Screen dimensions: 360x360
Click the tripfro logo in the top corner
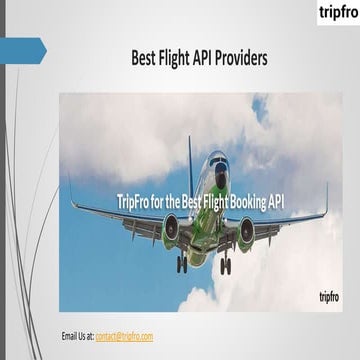point(336,12)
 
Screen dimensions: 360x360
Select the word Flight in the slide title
point(182,59)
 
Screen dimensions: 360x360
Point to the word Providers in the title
point(246,59)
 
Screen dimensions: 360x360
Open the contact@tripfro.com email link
point(124,335)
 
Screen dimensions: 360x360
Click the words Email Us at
point(77,335)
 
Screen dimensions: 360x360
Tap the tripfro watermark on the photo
point(329,296)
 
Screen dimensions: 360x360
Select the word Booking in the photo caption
point(252,202)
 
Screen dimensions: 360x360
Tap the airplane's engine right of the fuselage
point(246,233)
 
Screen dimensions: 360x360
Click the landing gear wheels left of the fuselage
point(181,265)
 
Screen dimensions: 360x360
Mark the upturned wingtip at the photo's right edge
point(326,196)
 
